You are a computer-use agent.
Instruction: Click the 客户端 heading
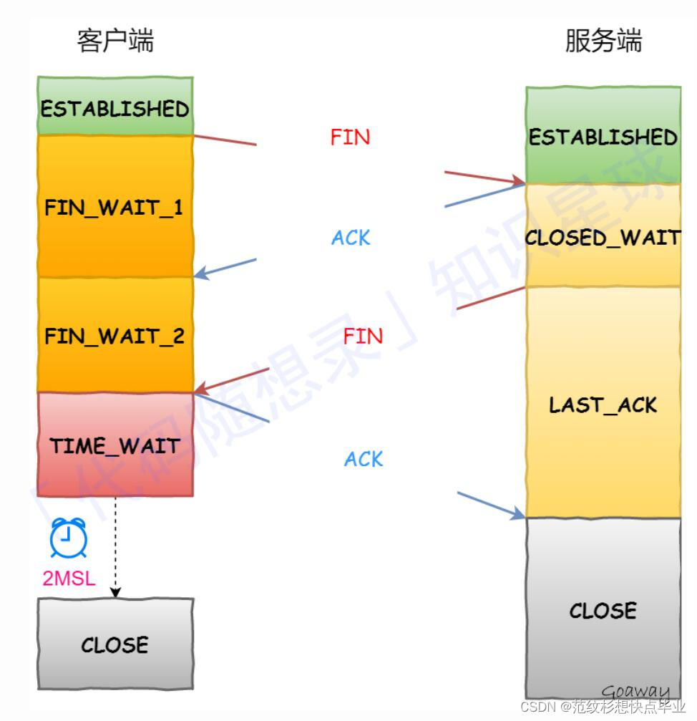[x=115, y=41]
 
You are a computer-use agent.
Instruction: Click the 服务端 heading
[x=603, y=41]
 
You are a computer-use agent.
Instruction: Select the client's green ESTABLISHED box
[x=115, y=107]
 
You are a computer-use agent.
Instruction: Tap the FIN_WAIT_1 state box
[x=115, y=207]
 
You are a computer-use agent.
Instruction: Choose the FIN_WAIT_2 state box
[x=115, y=336]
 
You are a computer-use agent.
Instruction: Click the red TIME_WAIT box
[x=115, y=445]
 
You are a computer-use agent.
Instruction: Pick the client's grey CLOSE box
[x=115, y=644]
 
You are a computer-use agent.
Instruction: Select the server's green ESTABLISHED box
[x=603, y=136]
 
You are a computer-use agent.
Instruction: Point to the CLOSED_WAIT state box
[x=603, y=236]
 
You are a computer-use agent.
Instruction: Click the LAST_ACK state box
[x=603, y=404]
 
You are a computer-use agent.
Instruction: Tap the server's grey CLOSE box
[x=603, y=609]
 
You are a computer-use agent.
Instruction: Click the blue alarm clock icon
[x=69, y=538]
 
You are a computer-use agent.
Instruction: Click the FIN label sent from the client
[x=350, y=137]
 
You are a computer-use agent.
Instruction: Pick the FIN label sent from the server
[x=363, y=336]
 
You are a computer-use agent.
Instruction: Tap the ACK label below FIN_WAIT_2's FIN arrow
[x=364, y=459]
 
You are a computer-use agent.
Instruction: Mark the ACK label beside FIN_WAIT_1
[x=351, y=238]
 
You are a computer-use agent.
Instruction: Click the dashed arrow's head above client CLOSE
[x=115, y=594]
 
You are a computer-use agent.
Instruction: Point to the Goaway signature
[x=635, y=692]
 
